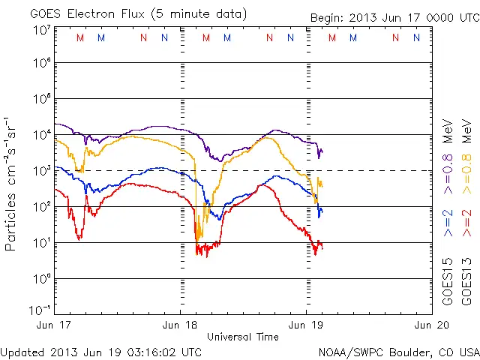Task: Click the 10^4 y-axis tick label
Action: coord(40,135)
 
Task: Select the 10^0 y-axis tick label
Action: coord(40,279)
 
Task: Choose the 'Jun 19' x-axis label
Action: coord(306,325)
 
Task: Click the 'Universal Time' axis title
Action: coord(243,337)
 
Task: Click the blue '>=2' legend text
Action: coord(448,223)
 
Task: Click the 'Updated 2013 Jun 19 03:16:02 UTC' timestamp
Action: coord(101,351)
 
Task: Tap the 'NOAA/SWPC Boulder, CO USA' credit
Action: coord(398,351)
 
